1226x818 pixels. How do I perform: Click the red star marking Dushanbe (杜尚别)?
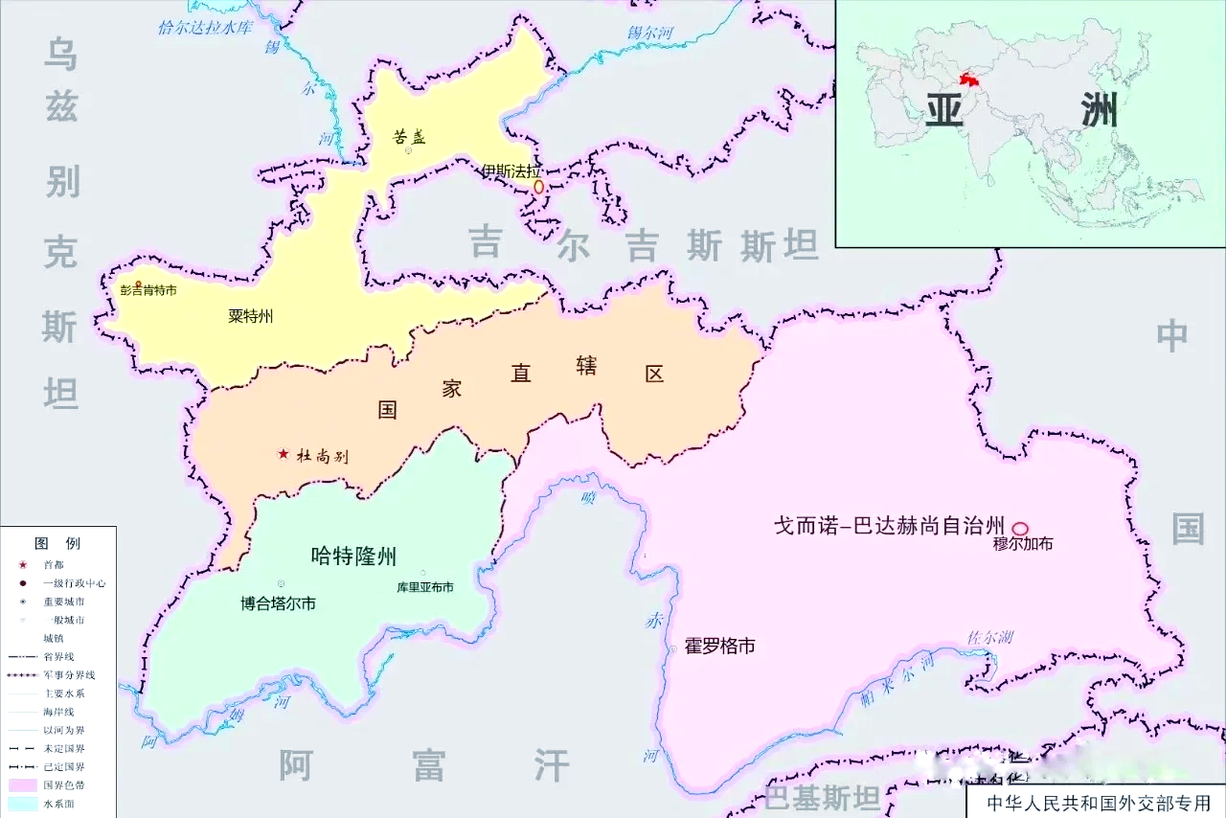[x=283, y=454]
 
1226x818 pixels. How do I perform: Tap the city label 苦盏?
[x=409, y=136]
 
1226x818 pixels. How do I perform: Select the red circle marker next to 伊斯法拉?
[x=538, y=188]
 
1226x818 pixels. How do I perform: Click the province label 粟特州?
[x=251, y=316]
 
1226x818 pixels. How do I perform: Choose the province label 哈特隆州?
[x=353, y=556]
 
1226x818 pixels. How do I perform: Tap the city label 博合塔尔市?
[x=278, y=603]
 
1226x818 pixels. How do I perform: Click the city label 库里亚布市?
[x=425, y=587]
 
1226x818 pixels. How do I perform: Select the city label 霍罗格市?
[x=719, y=647]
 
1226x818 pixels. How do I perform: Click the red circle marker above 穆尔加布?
[x=1020, y=528]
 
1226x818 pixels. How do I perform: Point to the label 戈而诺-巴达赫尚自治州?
[x=890, y=526]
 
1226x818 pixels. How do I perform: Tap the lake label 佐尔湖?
[x=989, y=638]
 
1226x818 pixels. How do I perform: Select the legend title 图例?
[x=57, y=543]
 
